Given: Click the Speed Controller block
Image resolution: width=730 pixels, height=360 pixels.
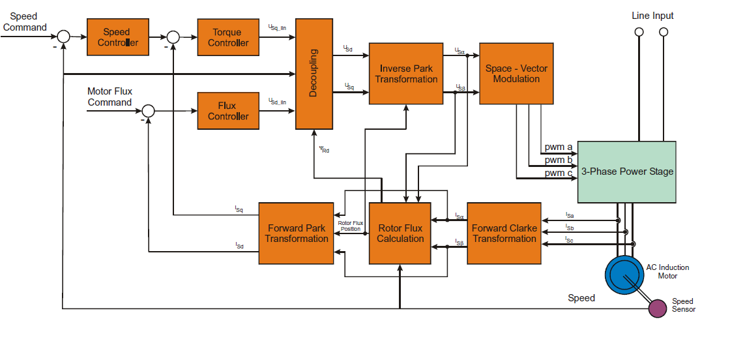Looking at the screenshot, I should [117, 37].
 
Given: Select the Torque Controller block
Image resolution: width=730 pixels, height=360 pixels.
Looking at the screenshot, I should [228, 37].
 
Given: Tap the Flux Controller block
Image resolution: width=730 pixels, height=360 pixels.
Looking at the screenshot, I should [228, 111].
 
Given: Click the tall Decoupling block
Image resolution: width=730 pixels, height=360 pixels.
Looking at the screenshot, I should [314, 73].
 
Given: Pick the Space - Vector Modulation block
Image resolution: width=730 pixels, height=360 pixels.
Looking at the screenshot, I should [516, 74].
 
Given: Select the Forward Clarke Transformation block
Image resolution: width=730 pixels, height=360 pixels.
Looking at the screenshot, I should [504, 233].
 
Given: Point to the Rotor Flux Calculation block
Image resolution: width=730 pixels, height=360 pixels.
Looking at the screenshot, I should [400, 233].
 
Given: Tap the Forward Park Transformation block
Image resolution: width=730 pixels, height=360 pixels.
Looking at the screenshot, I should [297, 233].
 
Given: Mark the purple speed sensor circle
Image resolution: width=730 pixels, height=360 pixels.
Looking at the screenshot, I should [658, 308].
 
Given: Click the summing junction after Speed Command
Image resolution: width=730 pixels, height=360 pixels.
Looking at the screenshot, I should [63, 37].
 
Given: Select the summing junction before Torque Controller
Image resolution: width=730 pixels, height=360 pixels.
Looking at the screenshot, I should [173, 37].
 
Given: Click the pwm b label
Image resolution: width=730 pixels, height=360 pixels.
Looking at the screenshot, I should [559, 160].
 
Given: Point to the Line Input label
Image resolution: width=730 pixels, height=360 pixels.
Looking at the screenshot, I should [652, 16].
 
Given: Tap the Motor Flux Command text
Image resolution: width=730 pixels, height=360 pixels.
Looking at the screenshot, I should [109, 97].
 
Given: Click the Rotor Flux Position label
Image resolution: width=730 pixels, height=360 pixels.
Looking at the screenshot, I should [351, 226].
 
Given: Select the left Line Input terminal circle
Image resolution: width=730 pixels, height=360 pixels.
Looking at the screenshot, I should [639, 31].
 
